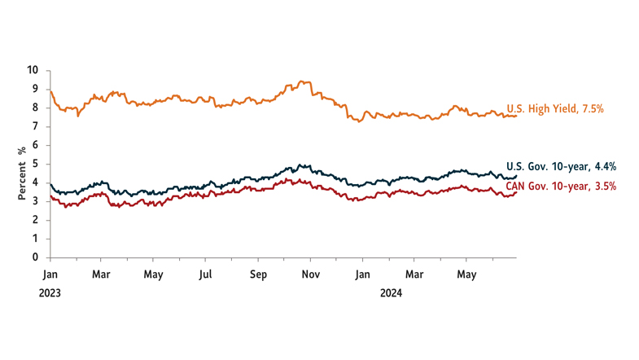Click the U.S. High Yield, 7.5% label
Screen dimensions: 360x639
tap(554, 109)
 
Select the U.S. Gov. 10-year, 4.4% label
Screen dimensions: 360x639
tap(561, 167)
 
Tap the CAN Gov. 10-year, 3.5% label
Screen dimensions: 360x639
tap(561, 187)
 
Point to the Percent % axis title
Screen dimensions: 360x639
tap(21, 173)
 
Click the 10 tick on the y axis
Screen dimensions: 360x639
tap(33, 70)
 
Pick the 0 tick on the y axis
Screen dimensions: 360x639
tap(35, 257)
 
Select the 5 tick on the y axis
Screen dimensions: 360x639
tap(35, 164)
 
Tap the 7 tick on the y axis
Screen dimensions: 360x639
tap(35, 126)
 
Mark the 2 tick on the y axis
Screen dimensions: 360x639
tap(35, 220)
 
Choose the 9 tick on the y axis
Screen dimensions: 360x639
tap(35, 89)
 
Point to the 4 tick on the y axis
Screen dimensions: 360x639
tap(35, 182)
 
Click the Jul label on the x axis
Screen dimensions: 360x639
tap(205, 275)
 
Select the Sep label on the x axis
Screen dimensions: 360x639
tap(258, 275)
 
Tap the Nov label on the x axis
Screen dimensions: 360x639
tap(310, 275)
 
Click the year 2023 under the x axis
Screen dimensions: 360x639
tap(50, 293)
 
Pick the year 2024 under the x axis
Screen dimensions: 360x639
tap(392, 293)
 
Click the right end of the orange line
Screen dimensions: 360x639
tap(516, 116)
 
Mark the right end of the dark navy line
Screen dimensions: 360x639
tap(516, 176)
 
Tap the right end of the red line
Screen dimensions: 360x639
tap(516, 193)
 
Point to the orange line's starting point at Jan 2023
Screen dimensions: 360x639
tap(50, 90)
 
